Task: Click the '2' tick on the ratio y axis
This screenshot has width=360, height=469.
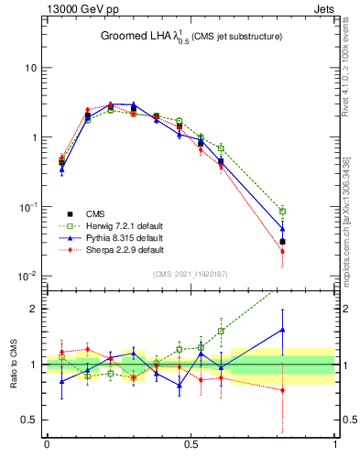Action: pyautogui.click(x=34, y=308)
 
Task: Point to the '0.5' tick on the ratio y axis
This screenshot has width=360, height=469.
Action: pyautogui.click(x=29, y=420)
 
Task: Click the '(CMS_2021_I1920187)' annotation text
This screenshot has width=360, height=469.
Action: pyautogui.click(x=191, y=273)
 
